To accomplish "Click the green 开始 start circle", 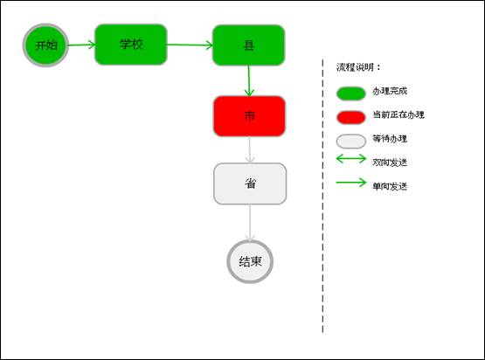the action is pos(45,45).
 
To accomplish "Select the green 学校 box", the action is pos(131,45).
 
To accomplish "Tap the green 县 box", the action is pos(249,45).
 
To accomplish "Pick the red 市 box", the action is pos(249,116).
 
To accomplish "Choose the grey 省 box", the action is pos(250,183).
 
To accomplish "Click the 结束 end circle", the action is pos(250,261).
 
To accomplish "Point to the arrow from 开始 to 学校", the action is pos(81,45).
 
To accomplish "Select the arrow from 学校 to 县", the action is pos(190,45).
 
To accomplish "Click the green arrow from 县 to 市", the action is pos(249,81).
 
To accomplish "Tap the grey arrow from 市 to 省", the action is pos(250,149).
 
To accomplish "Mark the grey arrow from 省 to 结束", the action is pos(250,222).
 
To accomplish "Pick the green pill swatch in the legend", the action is pos(351,93).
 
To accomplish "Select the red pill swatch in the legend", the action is pos(351,118).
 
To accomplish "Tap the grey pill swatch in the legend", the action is pos(351,142).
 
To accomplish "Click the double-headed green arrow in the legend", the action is pos(351,159).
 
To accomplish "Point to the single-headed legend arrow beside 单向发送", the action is pos(351,183).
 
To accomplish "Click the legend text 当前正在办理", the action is pos(398,114).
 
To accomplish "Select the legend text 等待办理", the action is pos(390,139).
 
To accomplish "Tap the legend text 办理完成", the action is pos(390,91).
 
